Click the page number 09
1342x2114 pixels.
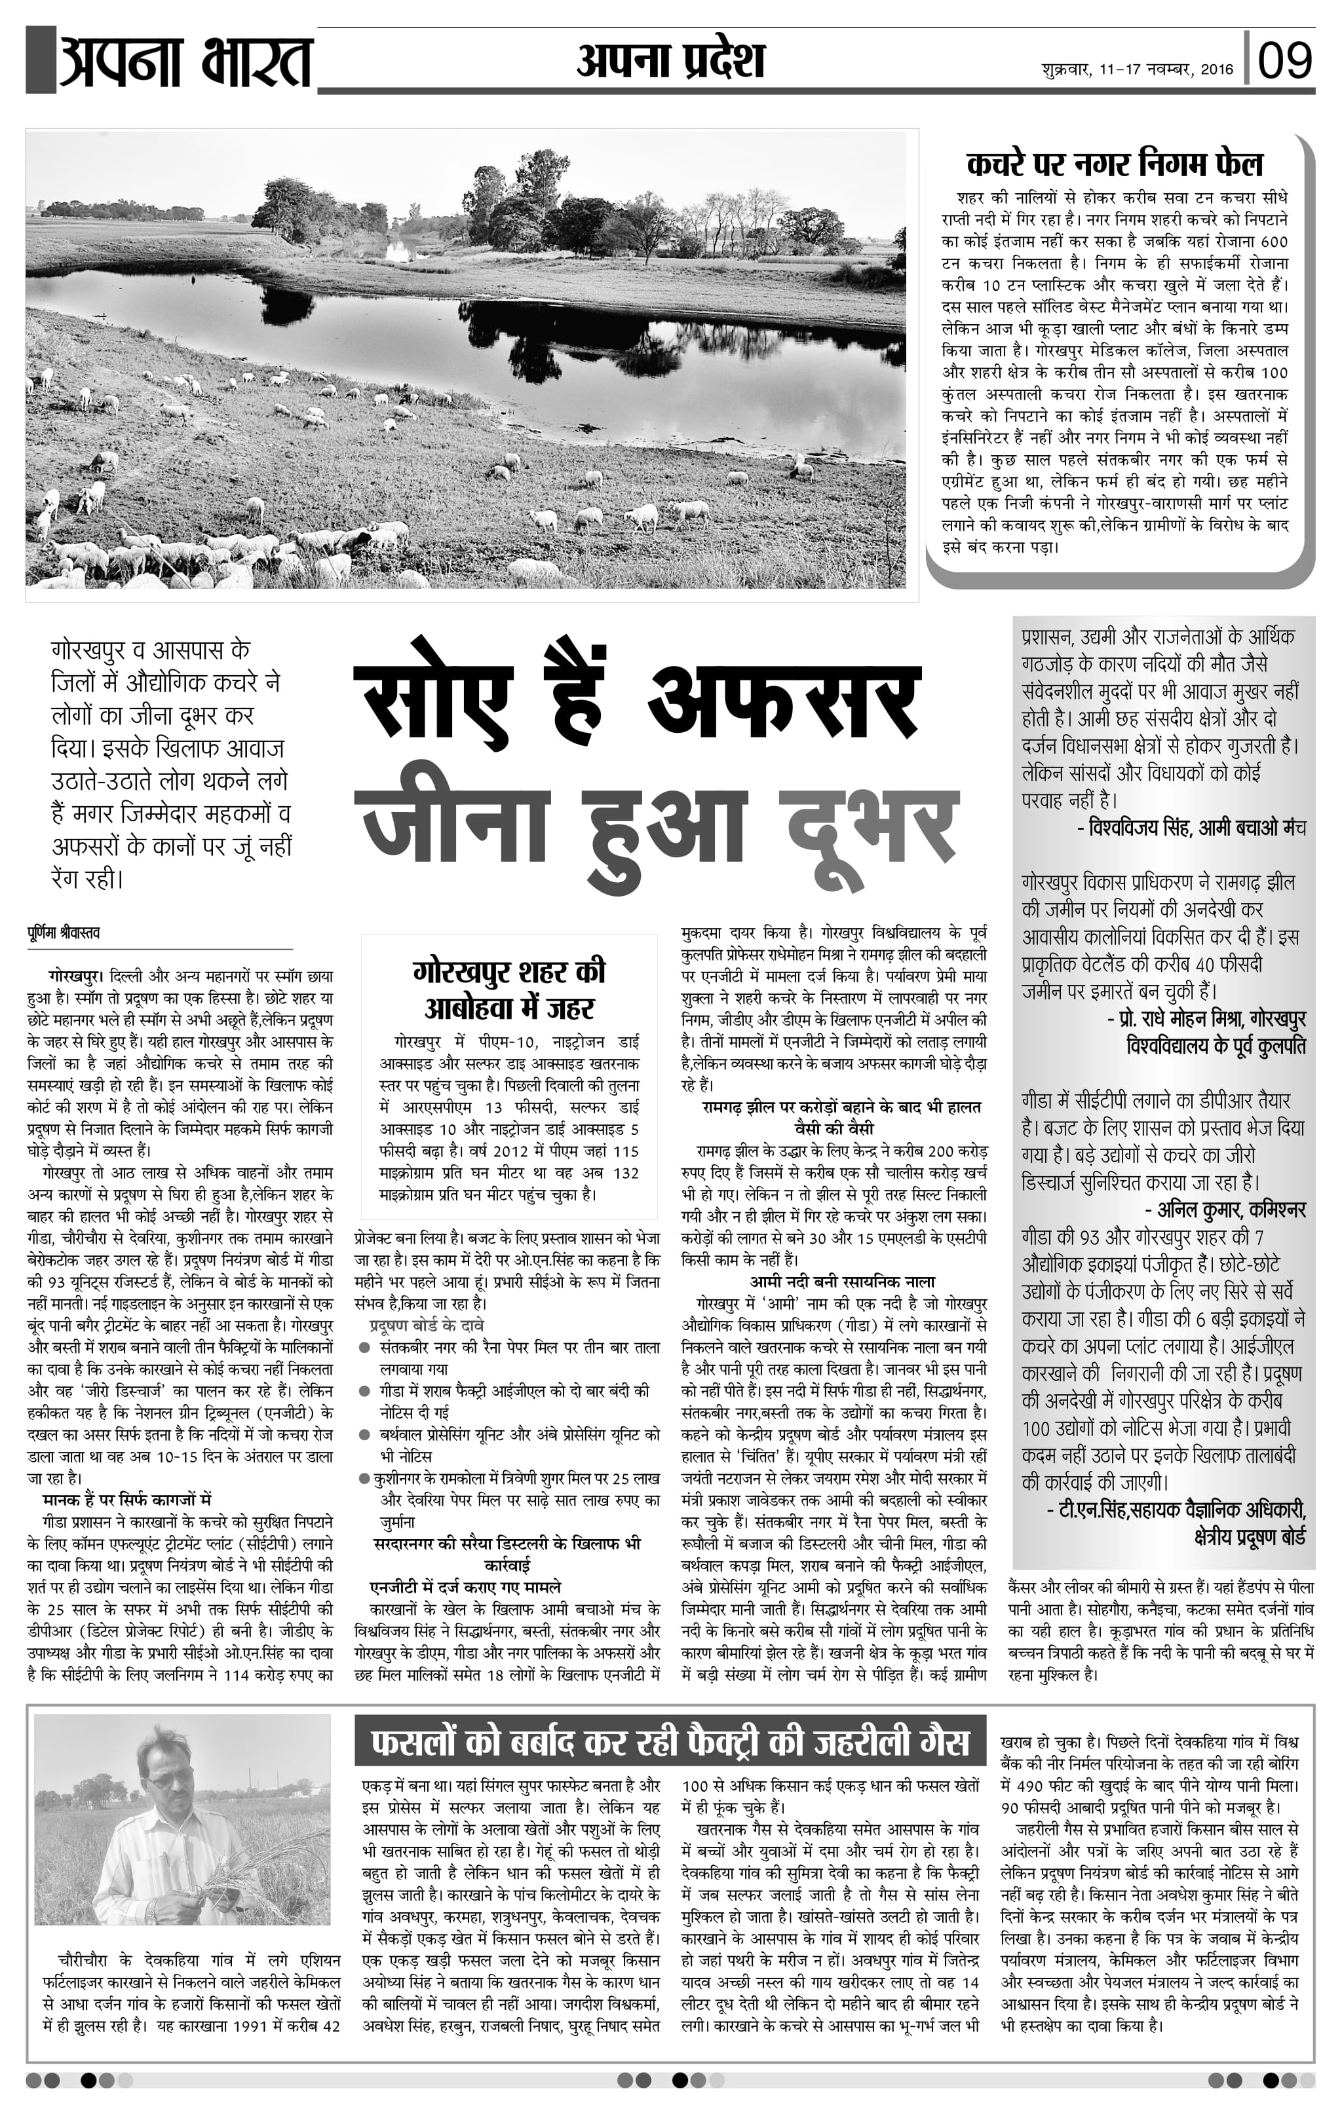1285,60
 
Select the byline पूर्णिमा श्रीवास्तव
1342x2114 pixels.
64,933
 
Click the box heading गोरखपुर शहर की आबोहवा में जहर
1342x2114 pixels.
509,990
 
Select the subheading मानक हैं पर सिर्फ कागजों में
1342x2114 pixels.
126,1500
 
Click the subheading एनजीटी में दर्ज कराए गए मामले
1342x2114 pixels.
465,1587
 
